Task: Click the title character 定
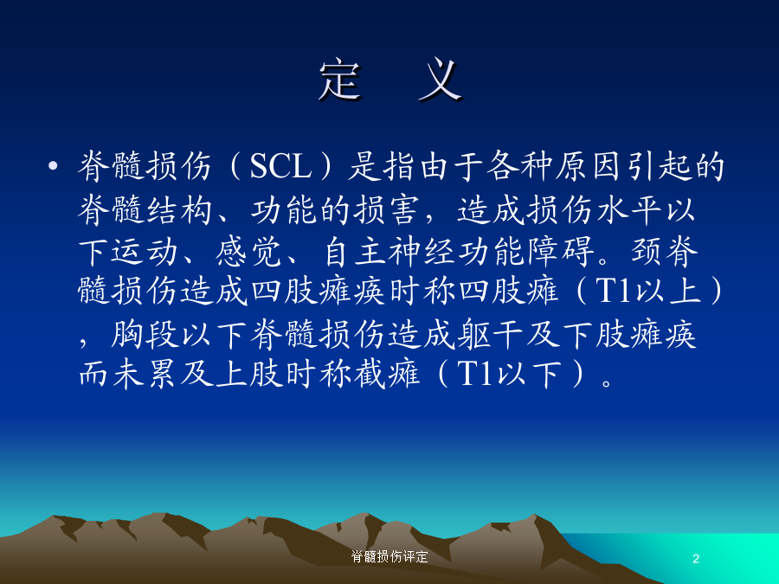click(x=340, y=80)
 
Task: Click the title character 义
click(x=441, y=80)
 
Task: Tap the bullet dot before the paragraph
click(x=53, y=165)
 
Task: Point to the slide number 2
click(x=696, y=559)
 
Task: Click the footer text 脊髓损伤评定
click(x=389, y=556)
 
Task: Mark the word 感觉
click(x=248, y=251)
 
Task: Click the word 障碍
click(x=562, y=251)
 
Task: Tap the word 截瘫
click(x=387, y=374)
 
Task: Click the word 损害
click(x=386, y=209)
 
